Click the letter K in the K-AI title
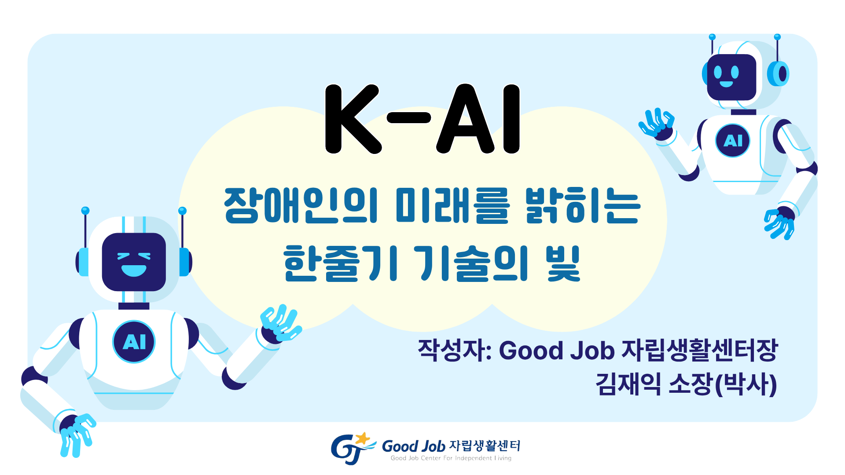(350, 119)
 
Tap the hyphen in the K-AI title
(408, 117)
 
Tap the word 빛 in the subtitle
(563, 263)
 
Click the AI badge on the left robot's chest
(134, 342)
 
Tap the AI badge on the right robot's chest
(733, 141)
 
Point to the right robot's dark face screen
(731, 77)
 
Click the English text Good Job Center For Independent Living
(451, 458)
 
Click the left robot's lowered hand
(77, 433)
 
